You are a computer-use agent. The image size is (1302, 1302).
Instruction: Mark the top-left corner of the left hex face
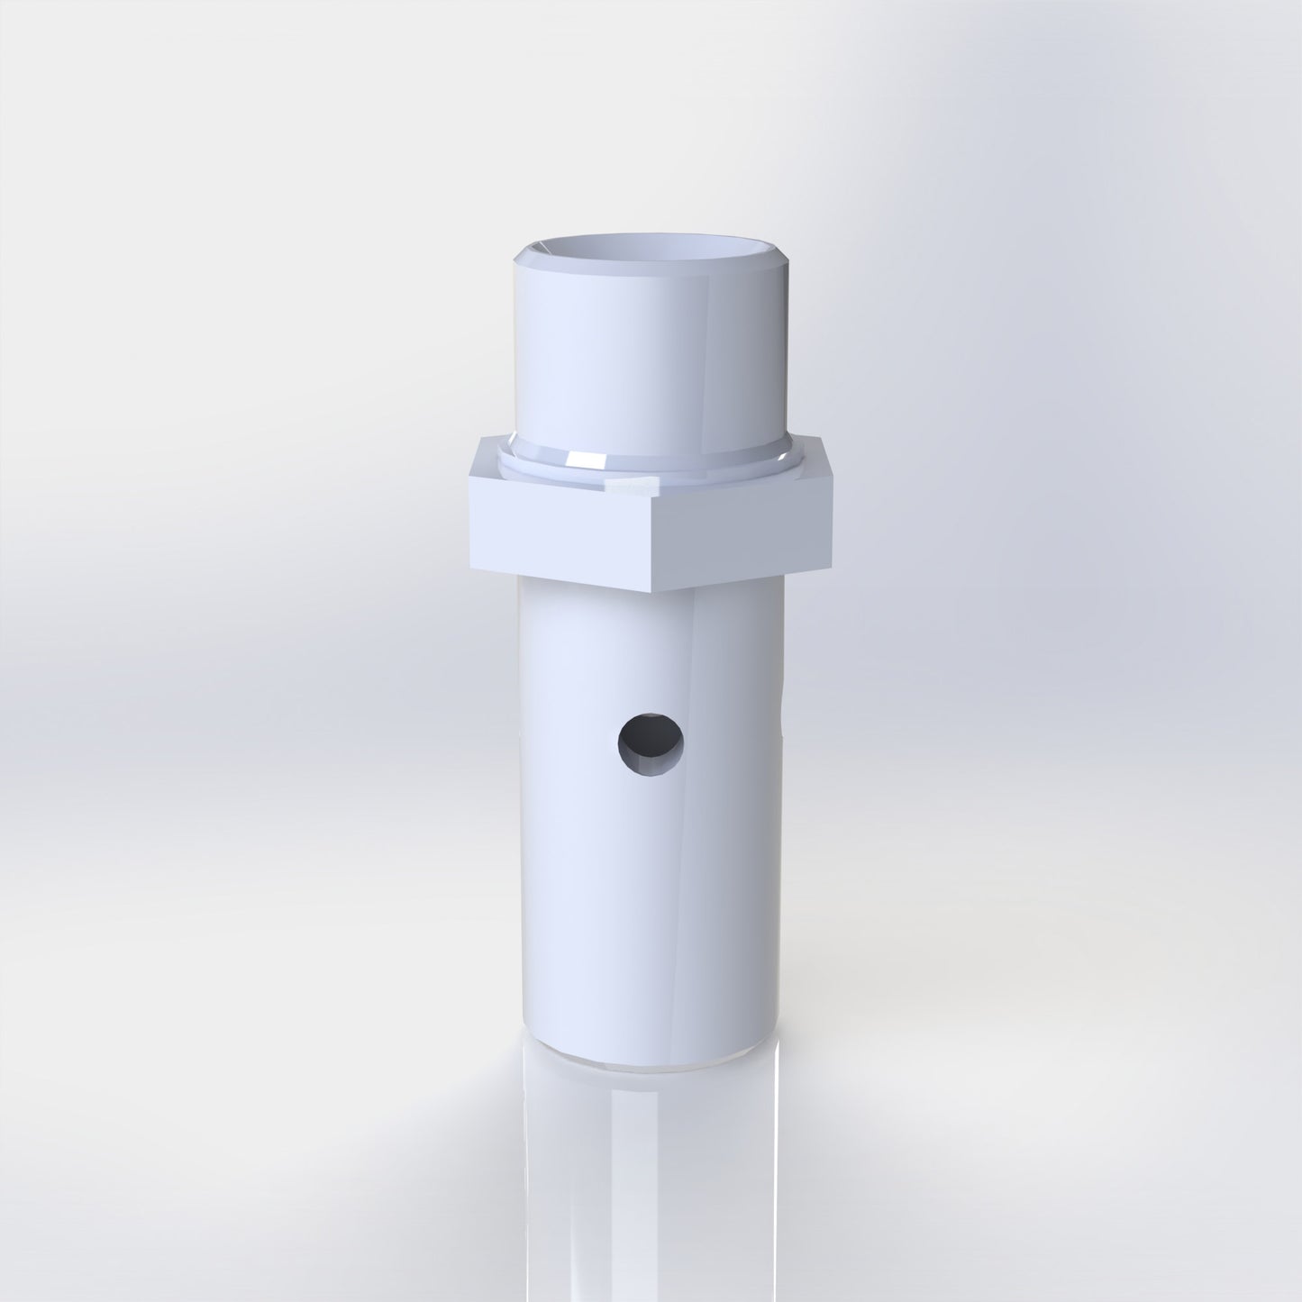pos(469,478)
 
